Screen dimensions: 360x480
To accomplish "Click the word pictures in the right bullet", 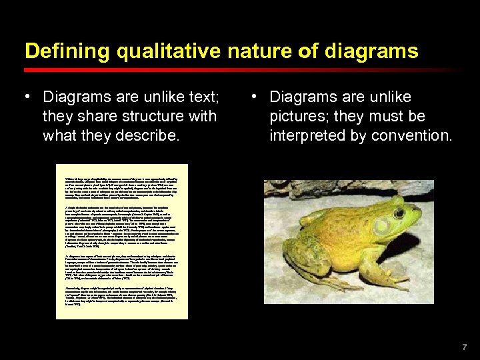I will [296, 116].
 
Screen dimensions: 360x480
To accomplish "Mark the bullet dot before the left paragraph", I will [27, 97].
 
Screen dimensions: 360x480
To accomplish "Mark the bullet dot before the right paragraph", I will [254, 97].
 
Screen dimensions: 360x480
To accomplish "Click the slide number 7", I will [465, 347].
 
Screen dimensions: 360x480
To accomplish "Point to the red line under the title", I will [240, 69].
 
